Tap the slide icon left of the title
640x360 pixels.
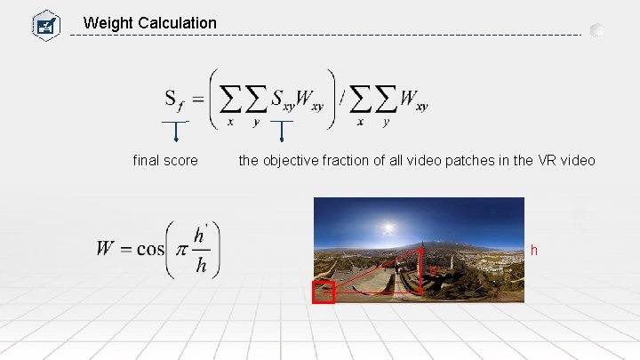(44, 24)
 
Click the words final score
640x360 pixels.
(165, 161)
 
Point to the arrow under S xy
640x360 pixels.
(282, 131)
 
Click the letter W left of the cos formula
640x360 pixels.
(107, 249)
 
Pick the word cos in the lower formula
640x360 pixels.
(150, 249)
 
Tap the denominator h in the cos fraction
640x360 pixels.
(201, 267)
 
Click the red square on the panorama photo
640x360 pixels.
(324, 292)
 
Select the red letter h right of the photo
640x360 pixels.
(534, 251)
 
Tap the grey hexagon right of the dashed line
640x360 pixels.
(597, 30)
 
